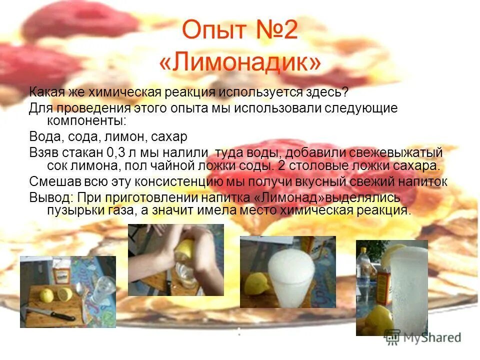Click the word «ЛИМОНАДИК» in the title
pos(240,62)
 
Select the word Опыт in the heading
pos(209,31)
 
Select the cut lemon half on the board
pos(64,293)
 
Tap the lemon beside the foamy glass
pos(254,284)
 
